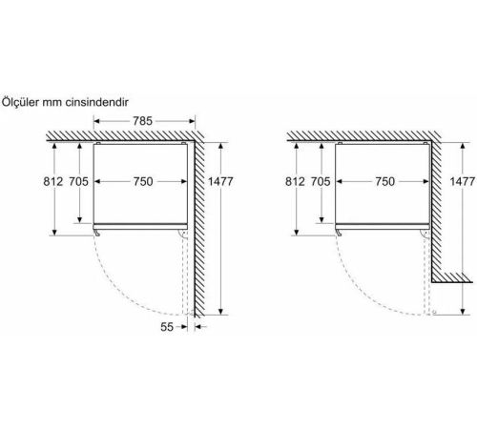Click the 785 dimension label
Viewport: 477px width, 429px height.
[x=142, y=121]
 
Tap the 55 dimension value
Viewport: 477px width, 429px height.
[x=167, y=327]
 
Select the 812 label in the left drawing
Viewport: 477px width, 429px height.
[x=53, y=181]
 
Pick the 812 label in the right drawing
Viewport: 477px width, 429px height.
[x=295, y=181]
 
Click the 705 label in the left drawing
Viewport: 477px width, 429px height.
[x=79, y=181]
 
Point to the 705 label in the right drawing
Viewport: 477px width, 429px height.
[x=321, y=181]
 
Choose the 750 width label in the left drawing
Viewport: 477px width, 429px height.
[x=143, y=181]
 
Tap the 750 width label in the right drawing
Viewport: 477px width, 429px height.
[x=384, y=181]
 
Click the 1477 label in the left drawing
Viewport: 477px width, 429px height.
[x=220, y=181]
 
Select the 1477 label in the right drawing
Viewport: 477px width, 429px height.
[x=463, y=181]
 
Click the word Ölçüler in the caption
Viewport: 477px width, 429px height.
[x=21, y=102]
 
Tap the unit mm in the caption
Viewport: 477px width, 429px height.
[x=52, y=103]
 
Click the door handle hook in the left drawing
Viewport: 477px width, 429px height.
[x=97, y=233]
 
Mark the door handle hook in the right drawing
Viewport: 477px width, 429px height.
[x=339, y=233]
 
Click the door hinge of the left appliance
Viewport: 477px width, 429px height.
[x=182, y=234]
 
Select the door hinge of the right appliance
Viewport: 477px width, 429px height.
[x=425, y=234]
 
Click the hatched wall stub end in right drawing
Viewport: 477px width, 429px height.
[x=452, y=277]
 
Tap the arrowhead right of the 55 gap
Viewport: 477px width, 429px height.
[x=197, y=327]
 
